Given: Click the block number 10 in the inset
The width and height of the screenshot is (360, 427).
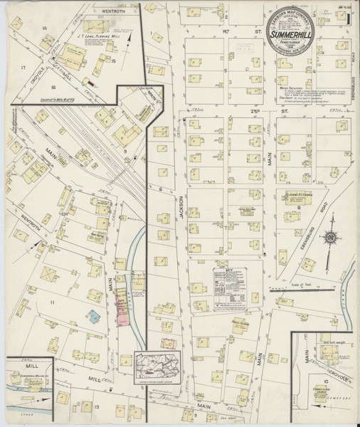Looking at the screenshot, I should click(x=324, y=382).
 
